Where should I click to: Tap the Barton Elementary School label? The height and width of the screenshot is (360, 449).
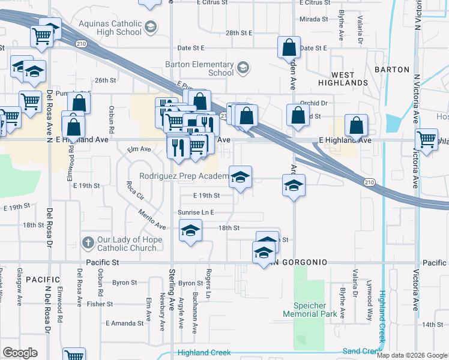click(x=205, y=68)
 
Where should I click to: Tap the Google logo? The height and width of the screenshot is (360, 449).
click(x=20, y=353)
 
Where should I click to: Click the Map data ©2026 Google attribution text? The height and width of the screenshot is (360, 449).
click(x=411, y=355)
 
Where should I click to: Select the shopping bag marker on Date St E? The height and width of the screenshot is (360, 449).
click(x=289, y=47)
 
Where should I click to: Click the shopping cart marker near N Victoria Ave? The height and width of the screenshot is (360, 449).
click(x=426, y=140)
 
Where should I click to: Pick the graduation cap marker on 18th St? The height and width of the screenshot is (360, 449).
click(x=190, y=231)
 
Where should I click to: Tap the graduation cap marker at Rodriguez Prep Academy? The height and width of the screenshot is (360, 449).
click(x=241, y=178)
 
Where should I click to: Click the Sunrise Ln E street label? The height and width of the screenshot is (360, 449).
click(x=196, y=212)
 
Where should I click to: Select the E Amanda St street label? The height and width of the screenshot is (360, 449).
click(x=125, y=323)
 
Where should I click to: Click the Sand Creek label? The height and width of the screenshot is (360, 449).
click(x=361, y=351)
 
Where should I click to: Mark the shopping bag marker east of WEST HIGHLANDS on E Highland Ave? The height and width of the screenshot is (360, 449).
click(x=357, y=126)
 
